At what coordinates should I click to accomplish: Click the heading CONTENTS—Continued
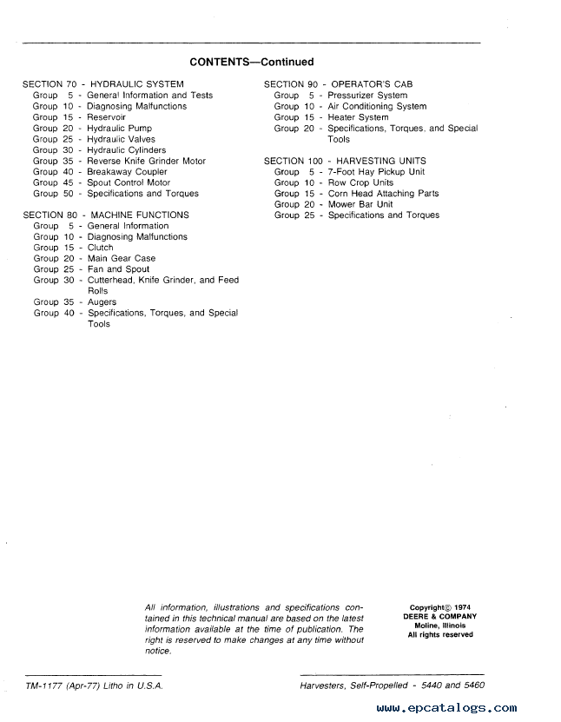point(251,63)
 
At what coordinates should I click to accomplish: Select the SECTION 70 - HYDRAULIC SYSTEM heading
point(103,84)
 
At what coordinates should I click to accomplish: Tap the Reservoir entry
point(106,117)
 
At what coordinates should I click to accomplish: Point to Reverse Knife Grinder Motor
point(146,161)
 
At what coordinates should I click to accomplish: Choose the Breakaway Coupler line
point(127,172)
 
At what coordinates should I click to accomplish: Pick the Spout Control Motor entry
point(129,183)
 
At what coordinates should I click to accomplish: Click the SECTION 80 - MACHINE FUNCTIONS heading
point(106,215)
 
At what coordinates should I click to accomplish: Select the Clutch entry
point(101,248)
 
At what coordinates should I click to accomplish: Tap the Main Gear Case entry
point(122,259)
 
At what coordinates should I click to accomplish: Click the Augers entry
point(102,302)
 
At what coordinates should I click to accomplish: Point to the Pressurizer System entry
point(367,96)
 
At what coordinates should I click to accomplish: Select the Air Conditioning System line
point(377,107)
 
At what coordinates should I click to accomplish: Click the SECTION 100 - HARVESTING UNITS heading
point(345,162)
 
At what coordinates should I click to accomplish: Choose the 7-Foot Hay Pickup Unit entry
point(376,172)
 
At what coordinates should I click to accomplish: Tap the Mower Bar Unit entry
point(360,204)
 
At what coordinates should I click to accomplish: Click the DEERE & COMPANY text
point(439,617)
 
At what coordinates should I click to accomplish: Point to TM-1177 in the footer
point(40,686)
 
